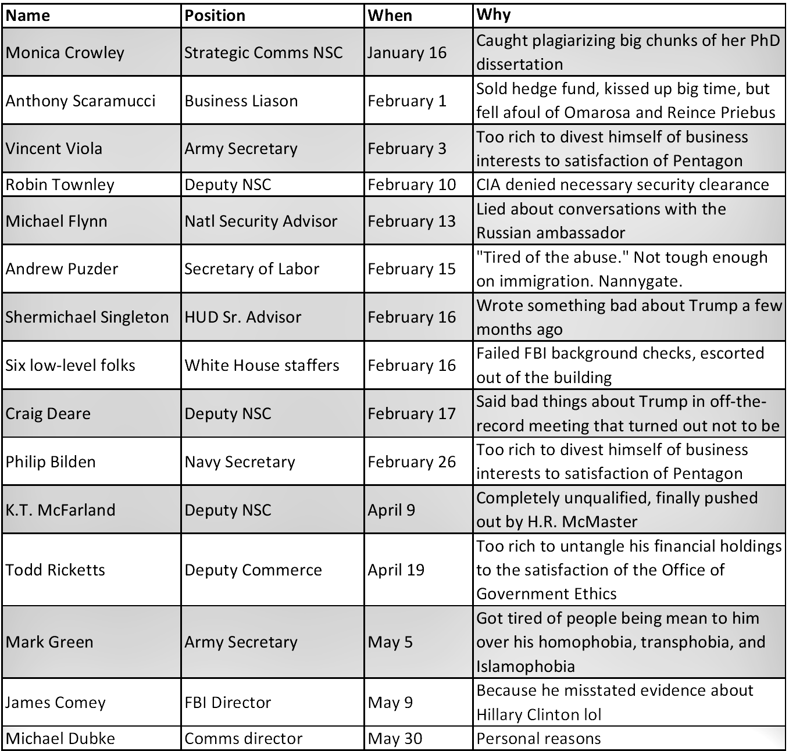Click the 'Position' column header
pyautogui.click(x=215, y=16)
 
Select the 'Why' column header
pyautogui.click(x=494, y=15)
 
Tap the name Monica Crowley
pyautogui.click(x=65, y=52)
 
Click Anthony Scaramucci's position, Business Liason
pyautogui.click(x=241, y=101)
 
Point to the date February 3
pyautogui.click(x=407, y=148)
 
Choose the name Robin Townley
pyautogui.click(x=60, y=185)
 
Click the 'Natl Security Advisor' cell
pyautogui.click(x=260, y=221)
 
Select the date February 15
pyautogui.click(x=412, y=269)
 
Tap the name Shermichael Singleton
pyautogui.click(x=87, y=317)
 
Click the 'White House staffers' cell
pyautogui.click(x=262, y=365)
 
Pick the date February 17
pyautogui.click(x=412, y=413)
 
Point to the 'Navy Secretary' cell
pyautogui.click(x=240, y=462)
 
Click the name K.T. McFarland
pyautogui.click(x=60, y=510)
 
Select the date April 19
pyautogui.click(x=396, y=570)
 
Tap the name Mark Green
pyautogui.click(x=49, y=642)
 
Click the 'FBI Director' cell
pyautogui.click(x=227, y=702)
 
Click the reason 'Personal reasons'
pyautogui.click(x=538, y=738)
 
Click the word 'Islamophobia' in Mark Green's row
pyautogui.click(x=525, y=666)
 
